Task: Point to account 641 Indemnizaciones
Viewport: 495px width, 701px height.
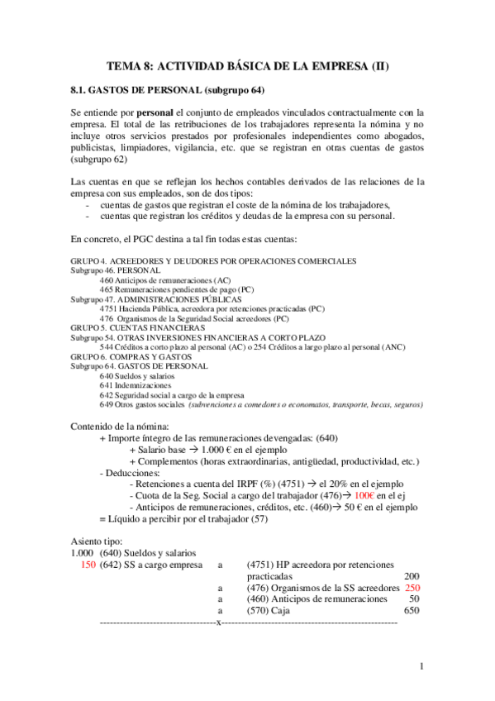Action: (136, 385)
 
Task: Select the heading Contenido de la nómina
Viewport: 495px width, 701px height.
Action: (121, 426)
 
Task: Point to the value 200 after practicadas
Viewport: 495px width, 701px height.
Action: (410, 575)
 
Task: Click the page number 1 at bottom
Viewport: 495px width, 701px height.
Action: (421, 666)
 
